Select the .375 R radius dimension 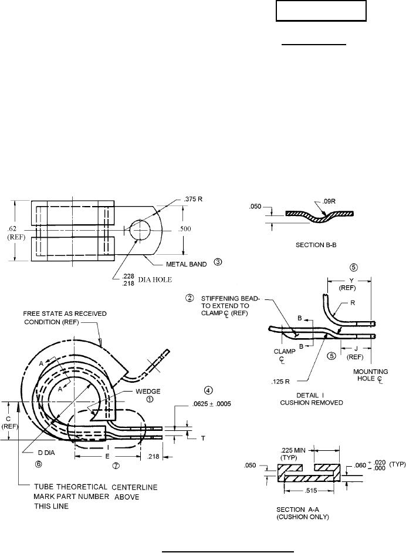(193, 199)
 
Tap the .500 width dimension (185, 229)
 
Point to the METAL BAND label (187, 264)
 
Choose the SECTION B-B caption (316, 245)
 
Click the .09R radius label (329, 201)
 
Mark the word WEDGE (148, 392)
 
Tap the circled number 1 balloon (150, 400)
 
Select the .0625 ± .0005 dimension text (211, 404)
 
